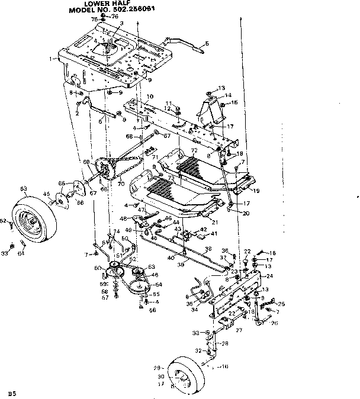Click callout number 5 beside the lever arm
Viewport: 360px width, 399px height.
pyautogui.click(x=207, y=43)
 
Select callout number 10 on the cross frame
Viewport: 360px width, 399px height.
pyautogui.click(x=150, y=96)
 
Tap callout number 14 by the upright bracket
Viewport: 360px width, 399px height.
pyautogui.click(x=229, y=95)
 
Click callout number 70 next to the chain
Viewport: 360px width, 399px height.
pyautogui.click(x=121, y=184)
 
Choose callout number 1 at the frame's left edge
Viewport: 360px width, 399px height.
pyautogui.click(x=53, y=59)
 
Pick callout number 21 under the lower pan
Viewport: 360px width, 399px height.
pyautogui.click(x=214, y=221)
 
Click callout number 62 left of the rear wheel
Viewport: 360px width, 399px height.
pyautogui.click(x=2, y=221)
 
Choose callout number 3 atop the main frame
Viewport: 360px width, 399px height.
pyautogui.click(x=121, y=24)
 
